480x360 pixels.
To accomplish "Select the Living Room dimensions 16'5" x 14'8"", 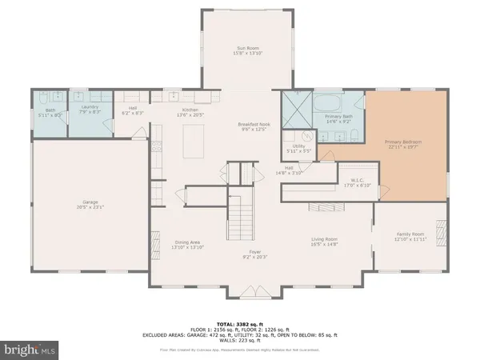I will pos(325,243).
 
